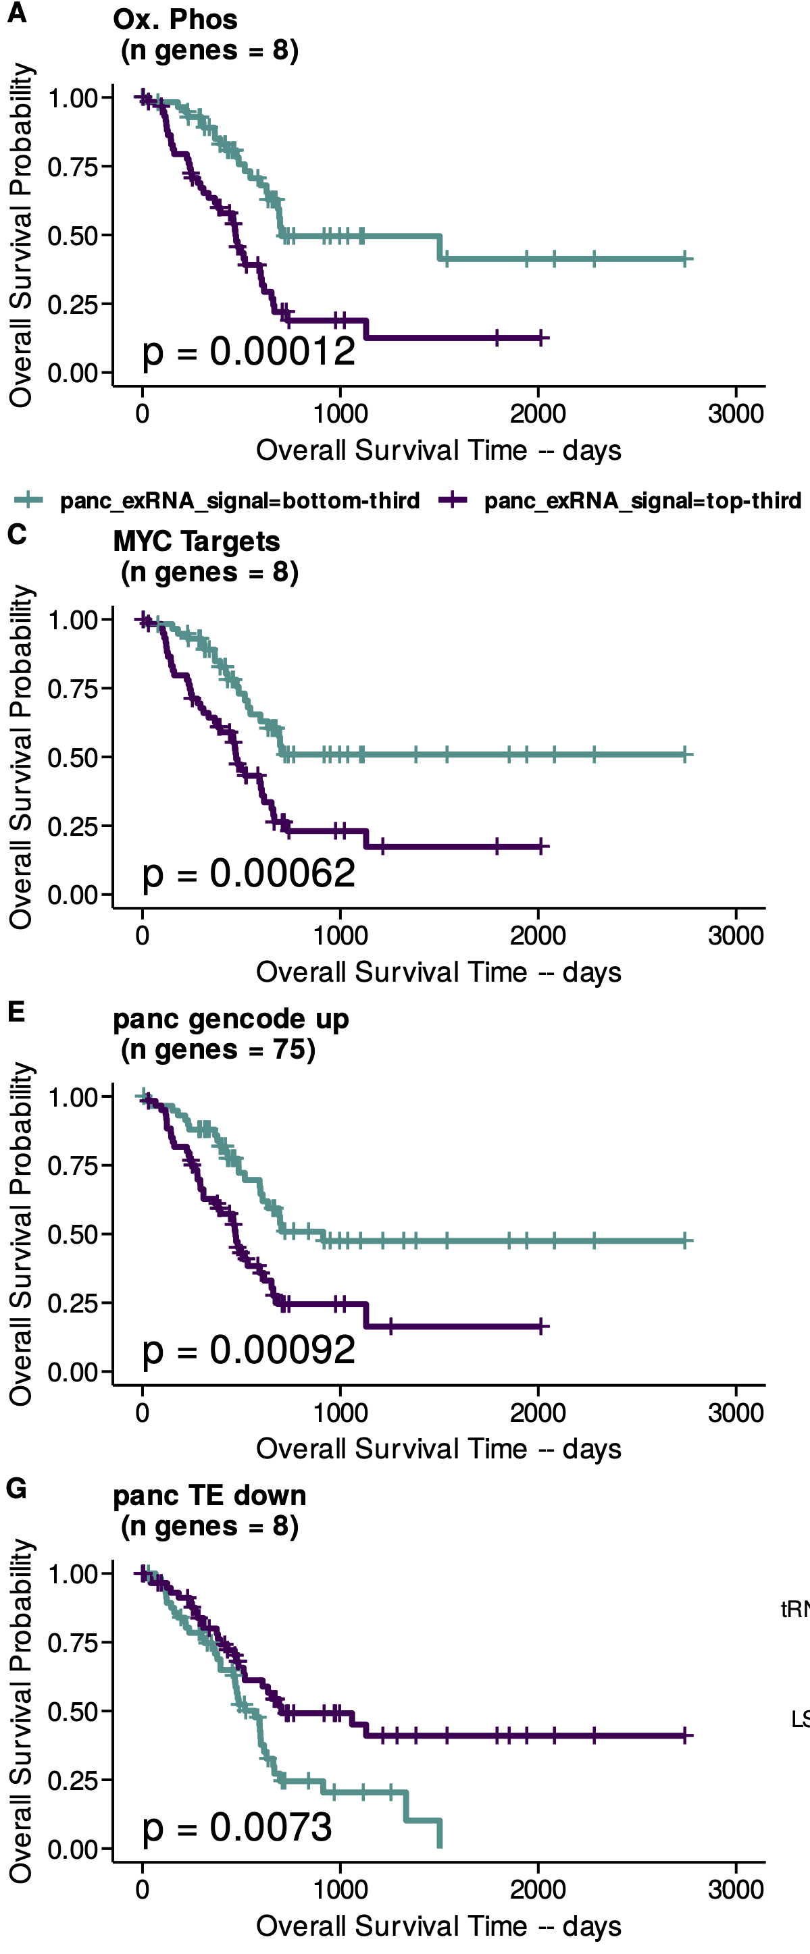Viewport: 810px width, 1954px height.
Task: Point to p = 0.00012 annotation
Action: pyautogui.click(x=248, y=351)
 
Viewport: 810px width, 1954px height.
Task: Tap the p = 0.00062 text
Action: pyautogui.click(x=248, y=873)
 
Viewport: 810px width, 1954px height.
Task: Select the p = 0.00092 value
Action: pyautogui.click(x=248, y=1350)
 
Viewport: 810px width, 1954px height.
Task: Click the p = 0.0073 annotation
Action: pyautogui.click(x=237, y=1827)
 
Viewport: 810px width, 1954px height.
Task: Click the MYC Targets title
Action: pyautogui.click(x=196, y=541)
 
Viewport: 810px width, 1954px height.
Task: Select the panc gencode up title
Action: pyautogui.click(x=231, y=1019)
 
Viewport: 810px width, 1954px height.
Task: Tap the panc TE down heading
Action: pyautogui.click(x=209, y=1495)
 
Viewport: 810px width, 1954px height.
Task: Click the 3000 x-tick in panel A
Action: pyautogui.click(x=735, y=413)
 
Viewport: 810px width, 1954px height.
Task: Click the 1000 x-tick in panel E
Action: pyautogui.click(x=340, y=1412)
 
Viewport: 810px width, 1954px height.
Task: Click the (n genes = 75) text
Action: pyautogui.click(x=218, y=1049)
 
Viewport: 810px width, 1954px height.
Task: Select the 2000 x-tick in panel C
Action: pyautogui.click(x=538, y=935)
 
